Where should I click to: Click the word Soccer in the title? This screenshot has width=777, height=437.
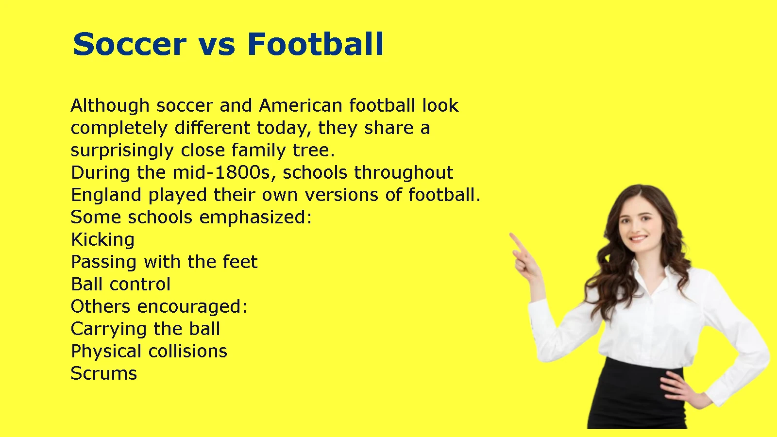[x=130, y=44]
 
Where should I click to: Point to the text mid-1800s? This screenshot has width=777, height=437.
[x=221, y=172]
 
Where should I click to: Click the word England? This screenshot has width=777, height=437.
[x=106, y=195]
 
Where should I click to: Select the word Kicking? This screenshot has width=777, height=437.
[x=102, y=240]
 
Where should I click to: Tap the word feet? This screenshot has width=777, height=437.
[x=240, y=262]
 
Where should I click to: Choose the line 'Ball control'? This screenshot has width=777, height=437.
[x=121, y=284]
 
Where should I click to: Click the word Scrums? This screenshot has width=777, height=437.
[x=104, y=373]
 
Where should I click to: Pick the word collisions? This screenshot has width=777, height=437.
[x=187, y=351]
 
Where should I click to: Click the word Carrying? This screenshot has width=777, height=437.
[x=109, y=330]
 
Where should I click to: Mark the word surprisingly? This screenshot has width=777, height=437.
[x=122, y=151]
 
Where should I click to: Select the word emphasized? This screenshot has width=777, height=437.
[x=255, y=218]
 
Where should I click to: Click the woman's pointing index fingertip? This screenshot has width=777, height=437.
[x=511, y=235]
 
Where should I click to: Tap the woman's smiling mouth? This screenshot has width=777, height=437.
[x=639, y=238]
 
